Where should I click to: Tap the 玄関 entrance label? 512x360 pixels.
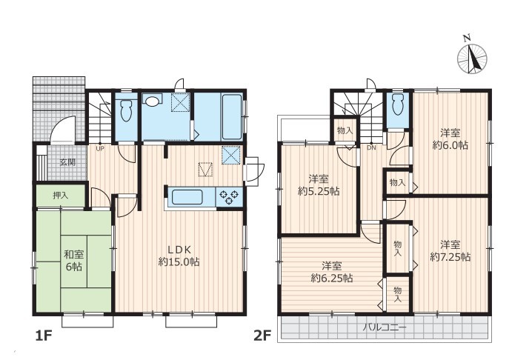(x=67, y=162)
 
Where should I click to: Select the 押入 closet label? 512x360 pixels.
(x=61, y=196)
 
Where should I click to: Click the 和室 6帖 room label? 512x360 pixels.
(x=74, y=261)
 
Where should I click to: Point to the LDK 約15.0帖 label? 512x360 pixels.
(x=179, y=256)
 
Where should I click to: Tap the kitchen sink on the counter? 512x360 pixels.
(x=187, y=197)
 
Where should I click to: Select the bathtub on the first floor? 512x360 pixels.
(x=232, y=116)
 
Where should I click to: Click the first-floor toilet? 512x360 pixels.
(x=126, y=109)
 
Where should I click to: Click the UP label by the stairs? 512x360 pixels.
(x=100, y=148)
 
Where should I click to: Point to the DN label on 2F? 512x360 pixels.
(x=371, y=147)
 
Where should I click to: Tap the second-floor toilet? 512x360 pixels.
(x=398, y=104)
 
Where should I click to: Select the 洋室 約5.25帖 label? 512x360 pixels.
(x=319, y=185)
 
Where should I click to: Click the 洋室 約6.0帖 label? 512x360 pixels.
(x=450, y=139)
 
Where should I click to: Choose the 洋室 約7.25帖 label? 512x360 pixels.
(x=451, y=250)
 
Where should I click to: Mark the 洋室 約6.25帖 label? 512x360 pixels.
(x=332, y=272)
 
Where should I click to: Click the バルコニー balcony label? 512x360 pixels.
(x=385, y=327)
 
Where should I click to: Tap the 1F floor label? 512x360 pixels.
(x=44, y=336)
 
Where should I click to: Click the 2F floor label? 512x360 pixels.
(x=262, y=336)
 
